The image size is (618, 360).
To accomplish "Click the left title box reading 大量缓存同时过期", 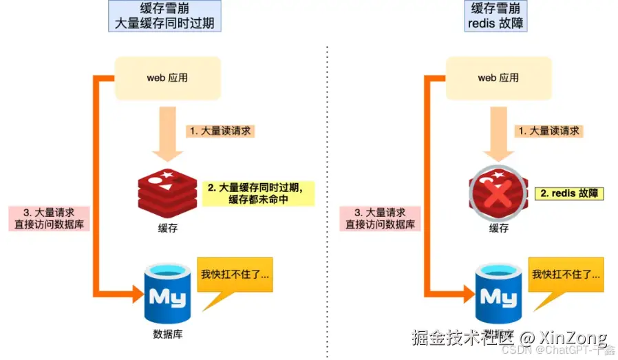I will [x=165, y=15].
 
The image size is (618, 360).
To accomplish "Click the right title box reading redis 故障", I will [x=498, y=15].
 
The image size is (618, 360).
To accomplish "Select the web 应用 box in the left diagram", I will [x=167, y=78].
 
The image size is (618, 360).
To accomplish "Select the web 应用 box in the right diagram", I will [x=498, y=78].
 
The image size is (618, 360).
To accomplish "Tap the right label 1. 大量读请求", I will [x=549, y=130].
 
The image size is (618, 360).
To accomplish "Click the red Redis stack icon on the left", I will [x=167, y=190].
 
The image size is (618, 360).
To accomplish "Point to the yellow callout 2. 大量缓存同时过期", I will [x=258, y=193].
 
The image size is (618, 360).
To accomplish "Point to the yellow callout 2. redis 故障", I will [x=568, y=193].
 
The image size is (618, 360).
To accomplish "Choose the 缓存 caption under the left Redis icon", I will [x=167, y=228].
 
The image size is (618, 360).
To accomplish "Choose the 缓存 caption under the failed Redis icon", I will [x=498, y=228].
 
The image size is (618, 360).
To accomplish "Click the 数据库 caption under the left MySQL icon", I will [x=167, y=335].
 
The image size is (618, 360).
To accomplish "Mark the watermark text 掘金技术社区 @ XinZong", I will [x=509, y=338].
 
